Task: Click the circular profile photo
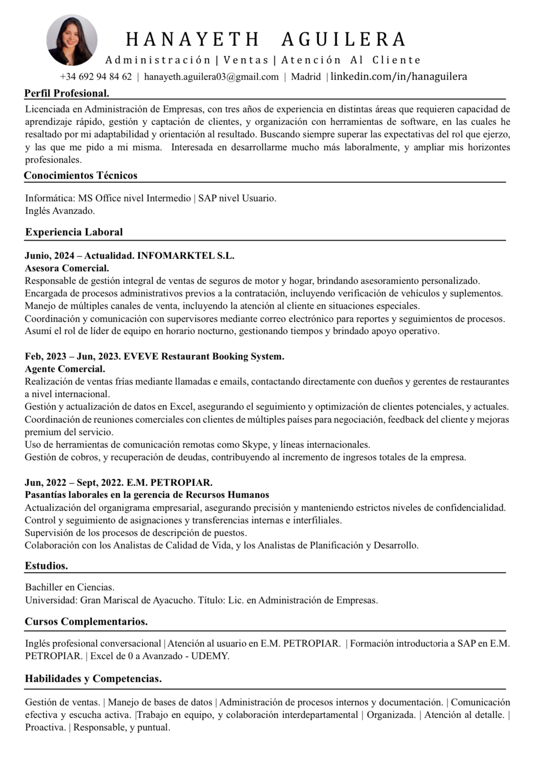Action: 72,40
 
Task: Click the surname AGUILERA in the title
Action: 343,40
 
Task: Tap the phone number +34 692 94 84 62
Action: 96,77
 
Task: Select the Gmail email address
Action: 211,77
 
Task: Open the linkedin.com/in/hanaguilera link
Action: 399,77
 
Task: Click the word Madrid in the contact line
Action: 306,77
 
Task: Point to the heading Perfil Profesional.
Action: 67,93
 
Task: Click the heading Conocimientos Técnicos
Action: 80,175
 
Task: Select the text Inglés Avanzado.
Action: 60,211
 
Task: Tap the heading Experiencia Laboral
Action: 74,232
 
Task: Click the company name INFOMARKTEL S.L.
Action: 185,255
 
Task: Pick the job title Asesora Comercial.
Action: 67,268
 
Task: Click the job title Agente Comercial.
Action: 65,369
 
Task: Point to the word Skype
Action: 255,444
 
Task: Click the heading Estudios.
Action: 46,566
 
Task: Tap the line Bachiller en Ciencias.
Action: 70,587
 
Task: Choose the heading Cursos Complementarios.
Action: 86,622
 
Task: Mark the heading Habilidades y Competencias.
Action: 93,679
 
